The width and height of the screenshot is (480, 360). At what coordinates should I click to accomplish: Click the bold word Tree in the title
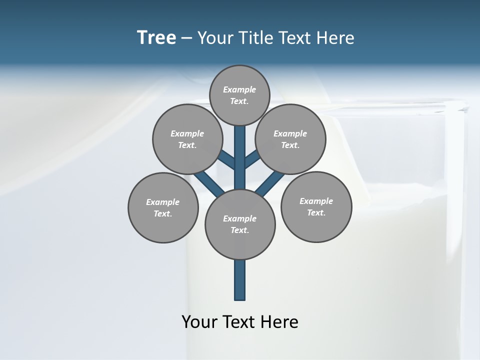point(156,37)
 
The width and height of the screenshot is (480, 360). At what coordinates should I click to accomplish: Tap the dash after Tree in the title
point(186,38)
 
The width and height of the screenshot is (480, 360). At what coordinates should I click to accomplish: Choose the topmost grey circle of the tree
point(239,95)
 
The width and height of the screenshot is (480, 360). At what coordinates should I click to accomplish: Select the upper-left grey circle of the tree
point(187,139)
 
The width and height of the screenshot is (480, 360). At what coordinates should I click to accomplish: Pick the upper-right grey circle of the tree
point(290,139)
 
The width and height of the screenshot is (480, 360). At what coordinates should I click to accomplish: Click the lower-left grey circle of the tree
point(163,207)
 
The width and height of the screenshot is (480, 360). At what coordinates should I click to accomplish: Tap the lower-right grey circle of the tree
point(316,206)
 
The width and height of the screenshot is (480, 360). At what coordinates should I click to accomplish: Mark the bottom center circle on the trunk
point(240,224)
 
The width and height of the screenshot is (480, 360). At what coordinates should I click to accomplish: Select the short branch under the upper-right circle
point(252,161)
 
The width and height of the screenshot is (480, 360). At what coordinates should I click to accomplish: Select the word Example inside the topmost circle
point(239,89)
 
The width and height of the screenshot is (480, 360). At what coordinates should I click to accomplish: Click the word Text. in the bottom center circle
point(239,230)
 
